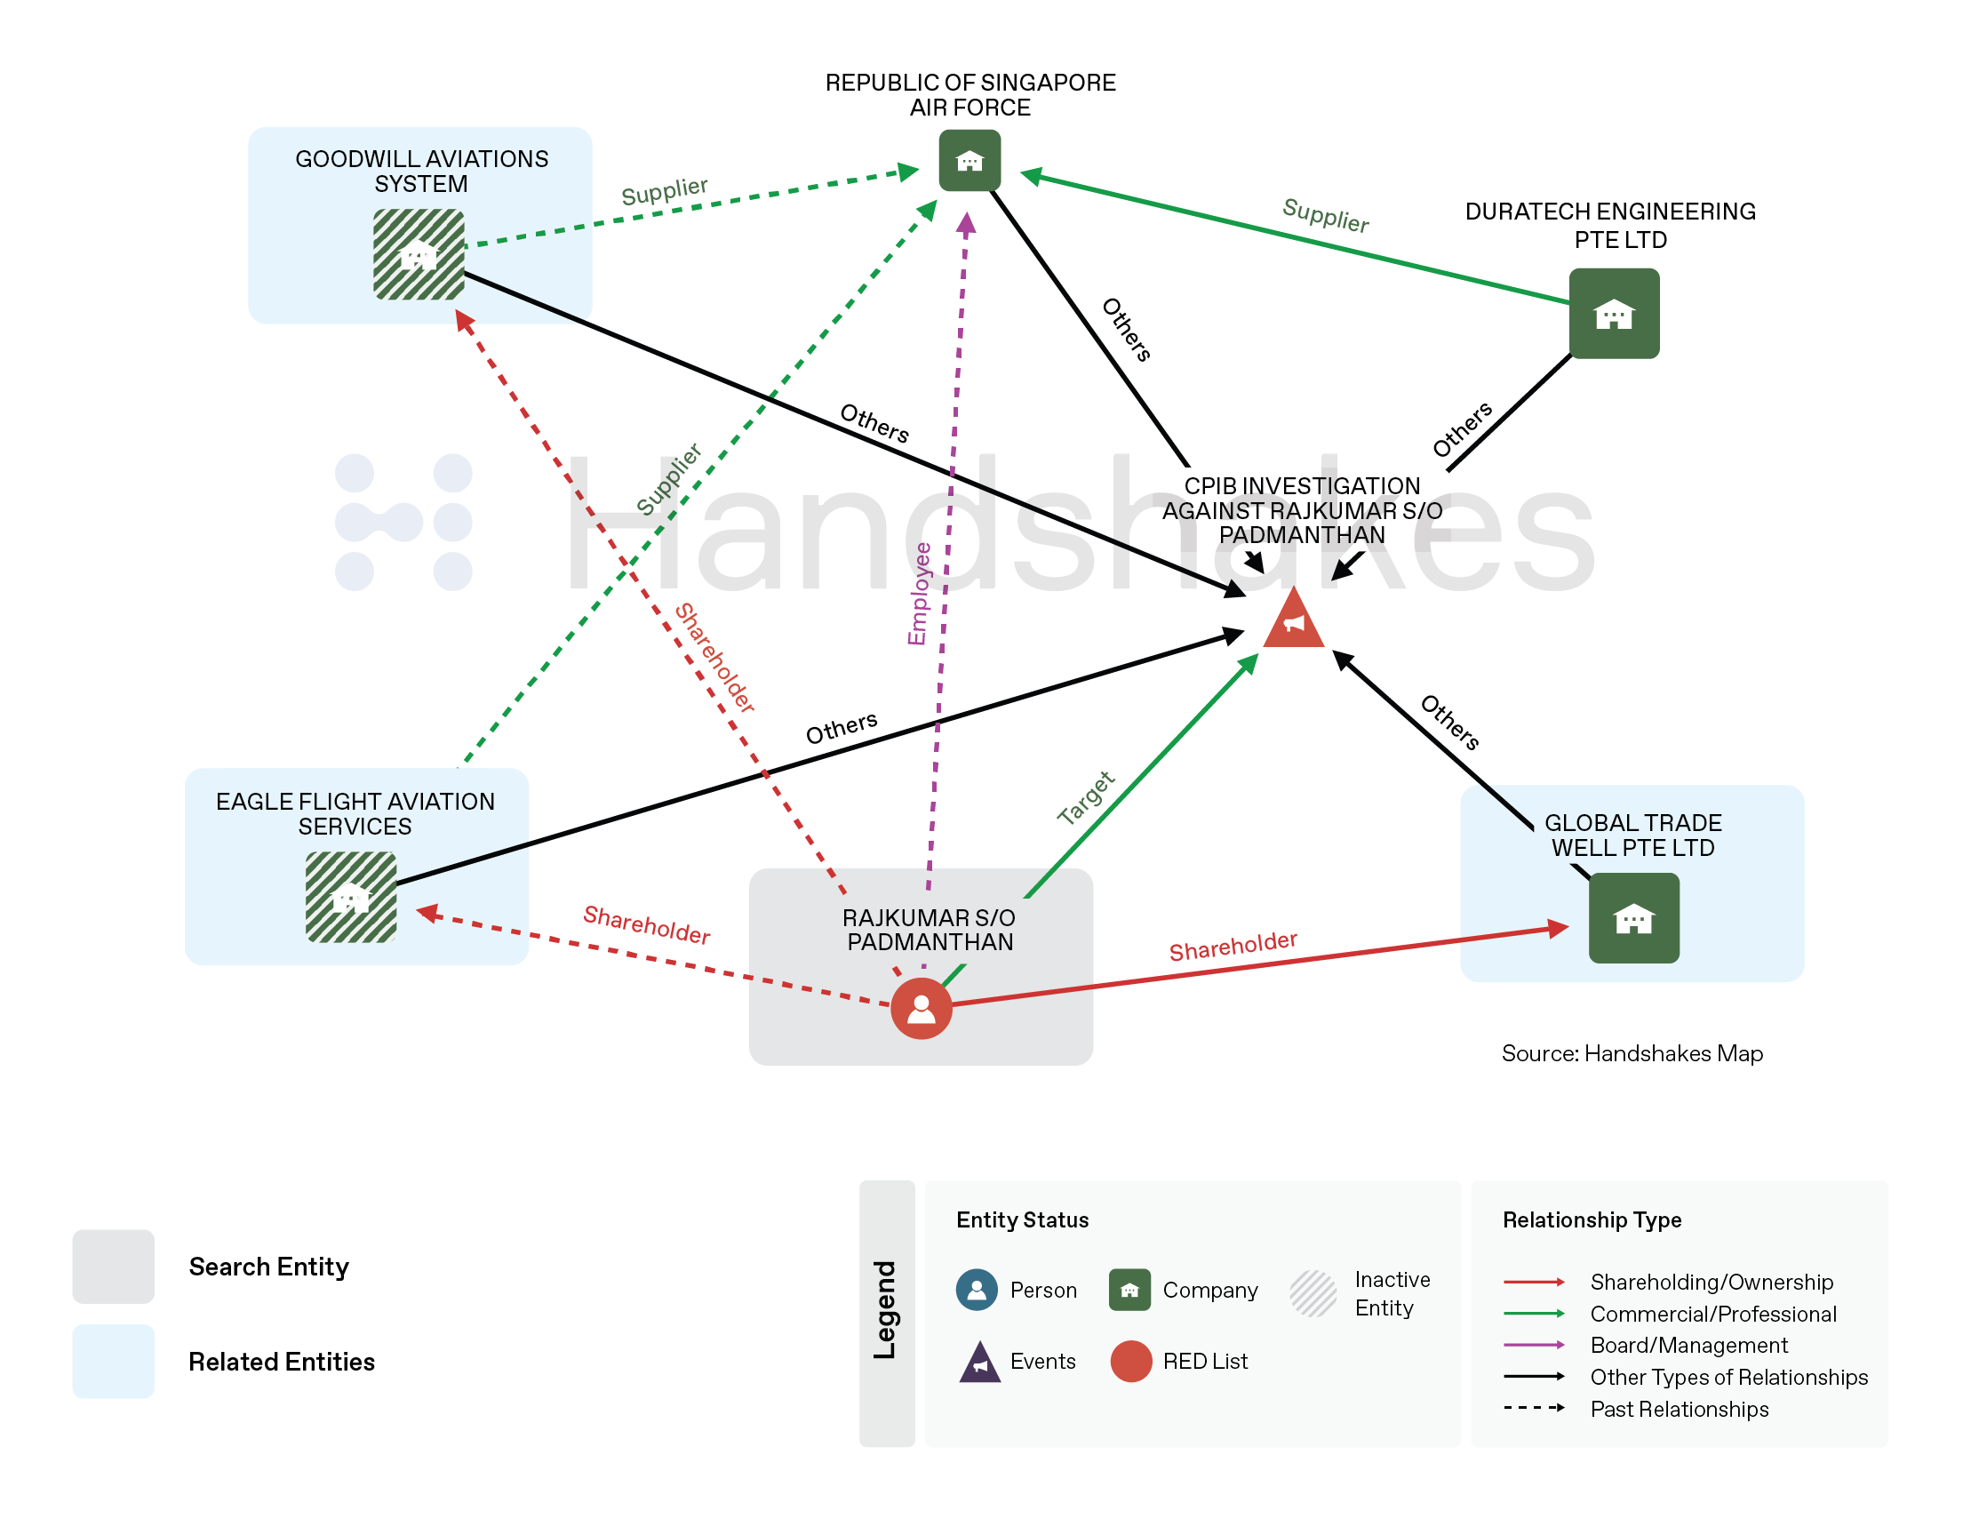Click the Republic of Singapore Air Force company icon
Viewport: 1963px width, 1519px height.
point(970,161)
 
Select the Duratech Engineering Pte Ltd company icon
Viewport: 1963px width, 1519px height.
point(1614,314)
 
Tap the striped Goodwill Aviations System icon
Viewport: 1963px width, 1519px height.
point(419,254)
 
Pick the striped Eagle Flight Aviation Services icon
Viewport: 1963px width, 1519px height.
point(350,897)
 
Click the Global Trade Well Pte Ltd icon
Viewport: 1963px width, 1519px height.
point(1633,917)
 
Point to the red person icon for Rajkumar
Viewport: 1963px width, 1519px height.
point(922,1009)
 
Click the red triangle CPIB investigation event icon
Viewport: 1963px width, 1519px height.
point(1293,621)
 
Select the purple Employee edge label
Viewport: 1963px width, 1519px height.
point(919,593)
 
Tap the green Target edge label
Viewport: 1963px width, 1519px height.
point(1086,797)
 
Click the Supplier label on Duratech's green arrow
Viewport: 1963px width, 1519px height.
point(1325,216)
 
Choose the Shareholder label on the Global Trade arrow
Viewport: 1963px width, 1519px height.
point(1233,946)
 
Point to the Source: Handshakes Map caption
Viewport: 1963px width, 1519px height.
point(1632,1053)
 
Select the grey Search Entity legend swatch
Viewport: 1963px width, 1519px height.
point(113,1267)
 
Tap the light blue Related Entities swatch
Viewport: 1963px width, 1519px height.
point(113,1361)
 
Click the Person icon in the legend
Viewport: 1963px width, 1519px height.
point(977,1290)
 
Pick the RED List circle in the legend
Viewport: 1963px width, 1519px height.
point(1130,1361)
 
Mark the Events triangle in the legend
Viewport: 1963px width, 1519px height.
point(979,1363)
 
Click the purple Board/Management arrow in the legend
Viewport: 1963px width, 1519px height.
point(1534,1345)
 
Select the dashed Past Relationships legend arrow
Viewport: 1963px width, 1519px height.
point(1534,1408)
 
